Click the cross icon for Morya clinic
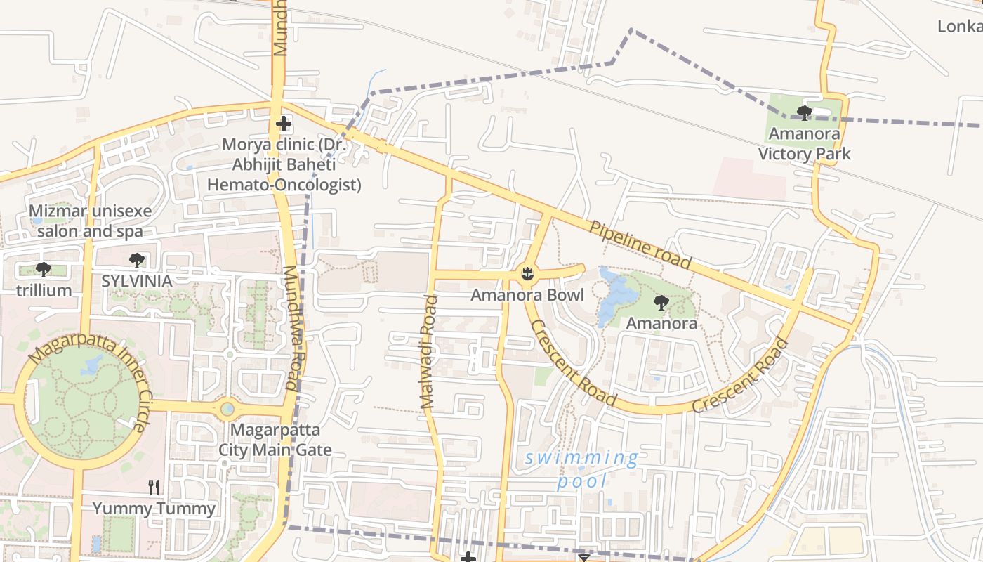283,124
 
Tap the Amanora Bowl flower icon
528,273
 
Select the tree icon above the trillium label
44,269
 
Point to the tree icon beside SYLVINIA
137,261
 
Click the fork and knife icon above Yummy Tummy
154,487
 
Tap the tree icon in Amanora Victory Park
805,112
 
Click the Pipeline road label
640,244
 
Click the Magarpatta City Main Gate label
275,440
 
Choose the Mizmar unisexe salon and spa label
90,221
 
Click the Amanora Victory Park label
805,144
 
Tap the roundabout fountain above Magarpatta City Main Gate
227,408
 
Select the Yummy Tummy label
154,509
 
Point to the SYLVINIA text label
137,281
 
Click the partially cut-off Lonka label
960,27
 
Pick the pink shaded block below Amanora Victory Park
749,177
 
